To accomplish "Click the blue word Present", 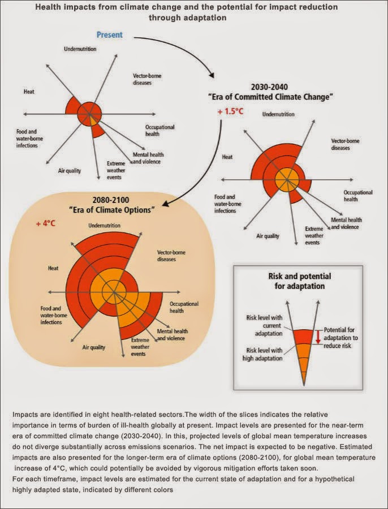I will click(110, 35).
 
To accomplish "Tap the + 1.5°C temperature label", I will click(230, 111).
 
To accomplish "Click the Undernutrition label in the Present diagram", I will click(80, 49).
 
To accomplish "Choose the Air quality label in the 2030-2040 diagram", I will click(268, 236).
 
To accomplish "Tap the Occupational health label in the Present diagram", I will click(159, 131).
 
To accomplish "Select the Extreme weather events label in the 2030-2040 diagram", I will click(314, 235).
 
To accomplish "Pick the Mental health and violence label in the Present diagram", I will click(146, 158).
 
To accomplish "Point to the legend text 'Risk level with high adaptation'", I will click(265, 354).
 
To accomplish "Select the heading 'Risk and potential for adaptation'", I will click(299, 281).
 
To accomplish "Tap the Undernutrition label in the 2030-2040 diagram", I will click(278, 114).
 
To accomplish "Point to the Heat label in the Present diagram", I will click(29, 91).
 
